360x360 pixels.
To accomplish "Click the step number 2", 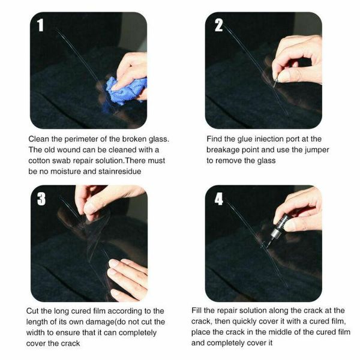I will point(218,25).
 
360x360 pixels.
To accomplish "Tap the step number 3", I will point(41,199).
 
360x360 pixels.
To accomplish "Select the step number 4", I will point(218,199).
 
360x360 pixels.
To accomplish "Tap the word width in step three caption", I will point(40,332).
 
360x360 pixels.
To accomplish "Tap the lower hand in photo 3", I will point(127,276).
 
